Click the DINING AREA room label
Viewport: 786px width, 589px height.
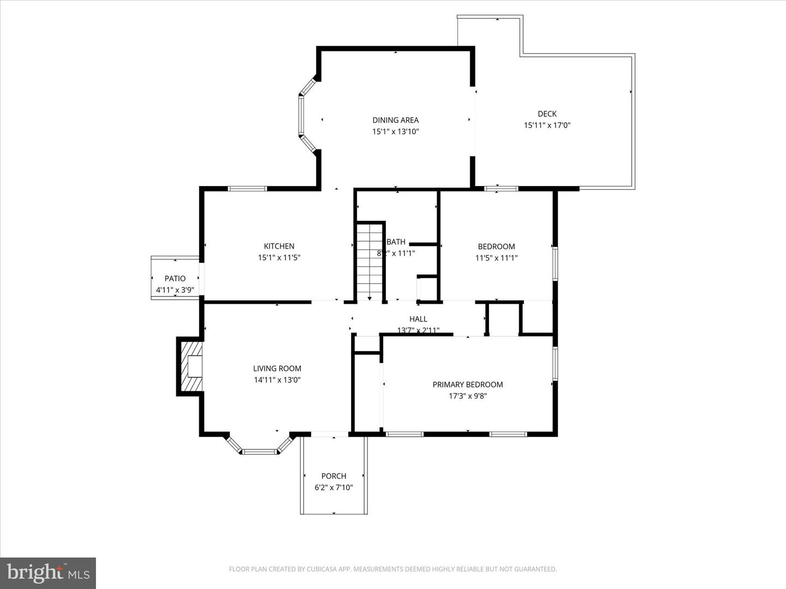(x=395, y=120)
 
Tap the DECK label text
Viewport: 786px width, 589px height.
(x=547, y=113)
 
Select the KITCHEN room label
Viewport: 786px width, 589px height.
(x=279, y=246)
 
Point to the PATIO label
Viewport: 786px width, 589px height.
(x=175, y=278)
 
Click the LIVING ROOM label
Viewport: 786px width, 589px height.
(x=277, y=368)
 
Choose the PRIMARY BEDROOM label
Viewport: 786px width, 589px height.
(x=467, y=384)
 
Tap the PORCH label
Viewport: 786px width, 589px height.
(x=334, y=476)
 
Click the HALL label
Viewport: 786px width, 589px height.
(x=418, y=319)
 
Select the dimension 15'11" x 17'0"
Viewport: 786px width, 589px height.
(x=547, y=125)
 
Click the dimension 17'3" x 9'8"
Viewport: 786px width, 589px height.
(x=467, y=396)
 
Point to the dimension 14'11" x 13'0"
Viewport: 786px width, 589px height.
(x=277, y=380)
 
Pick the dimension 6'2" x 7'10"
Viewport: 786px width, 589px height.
(x=334, y=488)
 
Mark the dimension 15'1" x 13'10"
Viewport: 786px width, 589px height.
(x=395, y=131)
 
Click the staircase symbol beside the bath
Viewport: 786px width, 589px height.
(x=370, y=262)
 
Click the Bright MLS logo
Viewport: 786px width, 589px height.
(x=48, y=573)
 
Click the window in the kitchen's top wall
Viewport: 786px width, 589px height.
(x=247, y=189)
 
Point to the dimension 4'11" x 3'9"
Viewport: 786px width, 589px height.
(x=175, y=290)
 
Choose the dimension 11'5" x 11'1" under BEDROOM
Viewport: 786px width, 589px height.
(x=496, y=258)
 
